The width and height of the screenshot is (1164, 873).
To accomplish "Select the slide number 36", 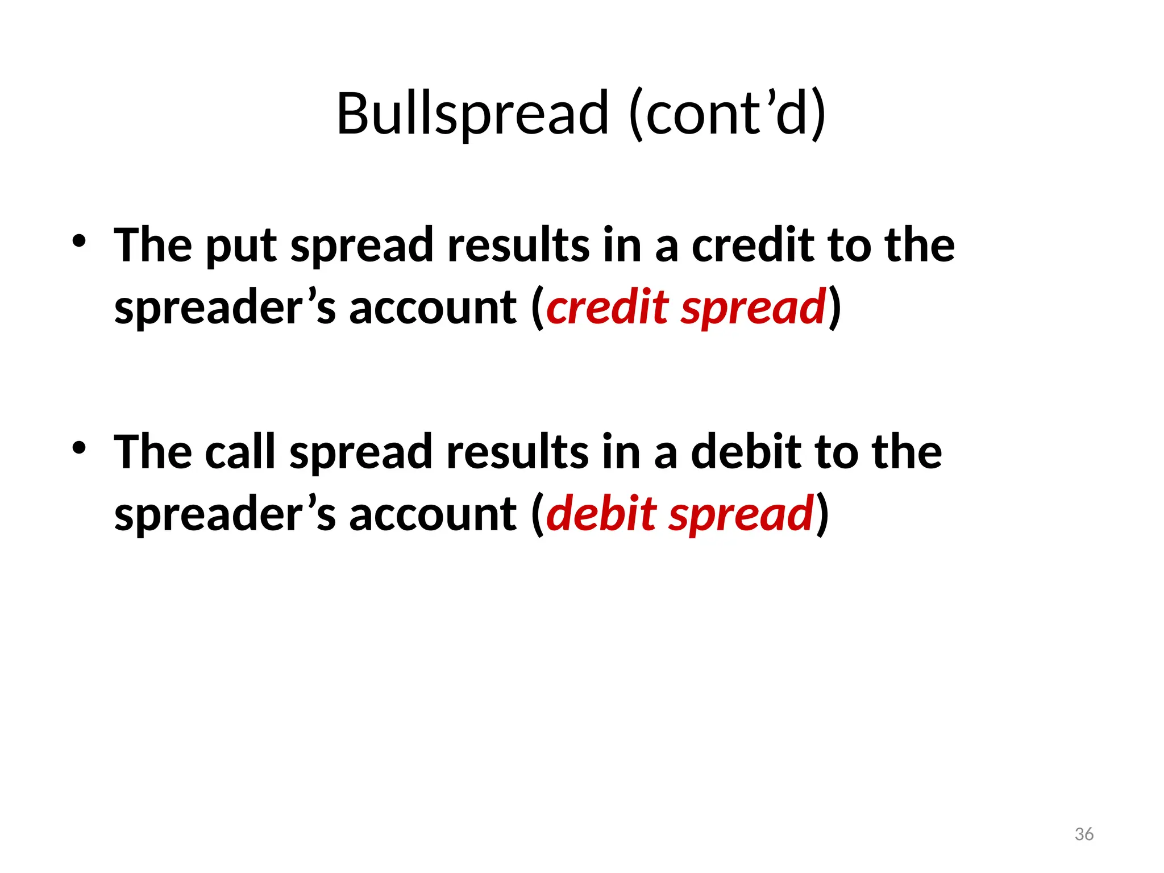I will coord(1084,834).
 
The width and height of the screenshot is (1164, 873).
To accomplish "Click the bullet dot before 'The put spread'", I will coord(79,241).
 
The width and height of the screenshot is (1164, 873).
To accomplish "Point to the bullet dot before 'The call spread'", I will coord(79,448).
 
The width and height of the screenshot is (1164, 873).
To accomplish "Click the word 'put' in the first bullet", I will coord(241,246).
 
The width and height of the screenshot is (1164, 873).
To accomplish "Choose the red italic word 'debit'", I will coord(601,514).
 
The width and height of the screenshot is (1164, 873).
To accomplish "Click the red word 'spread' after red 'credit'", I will coord(754,308).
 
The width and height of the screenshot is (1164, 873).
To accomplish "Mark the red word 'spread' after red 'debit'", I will coord(741,515).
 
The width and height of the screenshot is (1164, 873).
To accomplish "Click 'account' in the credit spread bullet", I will coord(433,308).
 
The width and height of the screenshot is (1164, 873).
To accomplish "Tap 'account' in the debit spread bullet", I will coord(433,515).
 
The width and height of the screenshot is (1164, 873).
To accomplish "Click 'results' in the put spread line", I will coord(518,246).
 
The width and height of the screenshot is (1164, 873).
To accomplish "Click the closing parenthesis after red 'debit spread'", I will coord(822,515).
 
